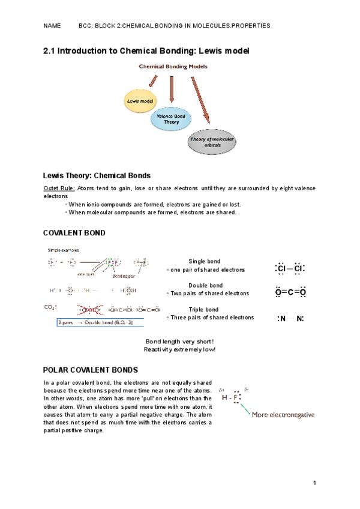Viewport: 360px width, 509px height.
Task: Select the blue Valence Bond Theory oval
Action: [172, 118]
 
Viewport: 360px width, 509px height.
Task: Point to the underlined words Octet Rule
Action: [59, 188]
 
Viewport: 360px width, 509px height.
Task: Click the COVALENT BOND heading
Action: [74, 232]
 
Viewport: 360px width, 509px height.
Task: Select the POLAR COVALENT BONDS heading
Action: [91, 370]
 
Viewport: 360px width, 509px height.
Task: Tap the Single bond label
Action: [205, 261]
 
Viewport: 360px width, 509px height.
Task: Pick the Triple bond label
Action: [204, 310]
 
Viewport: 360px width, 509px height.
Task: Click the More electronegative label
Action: [283, 414]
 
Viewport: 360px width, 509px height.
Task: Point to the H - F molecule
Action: [231, 397]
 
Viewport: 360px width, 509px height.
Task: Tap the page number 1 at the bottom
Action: [314, 483]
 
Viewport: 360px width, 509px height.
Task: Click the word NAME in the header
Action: [52, 26]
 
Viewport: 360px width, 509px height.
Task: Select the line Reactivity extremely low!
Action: [179, 349]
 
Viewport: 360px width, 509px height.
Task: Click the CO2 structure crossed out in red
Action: [91, 310]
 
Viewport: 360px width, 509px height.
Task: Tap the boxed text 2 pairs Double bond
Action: [95, 322]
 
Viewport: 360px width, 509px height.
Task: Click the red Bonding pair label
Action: [124, 277]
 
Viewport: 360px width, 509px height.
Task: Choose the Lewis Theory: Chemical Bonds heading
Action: [97, 176]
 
